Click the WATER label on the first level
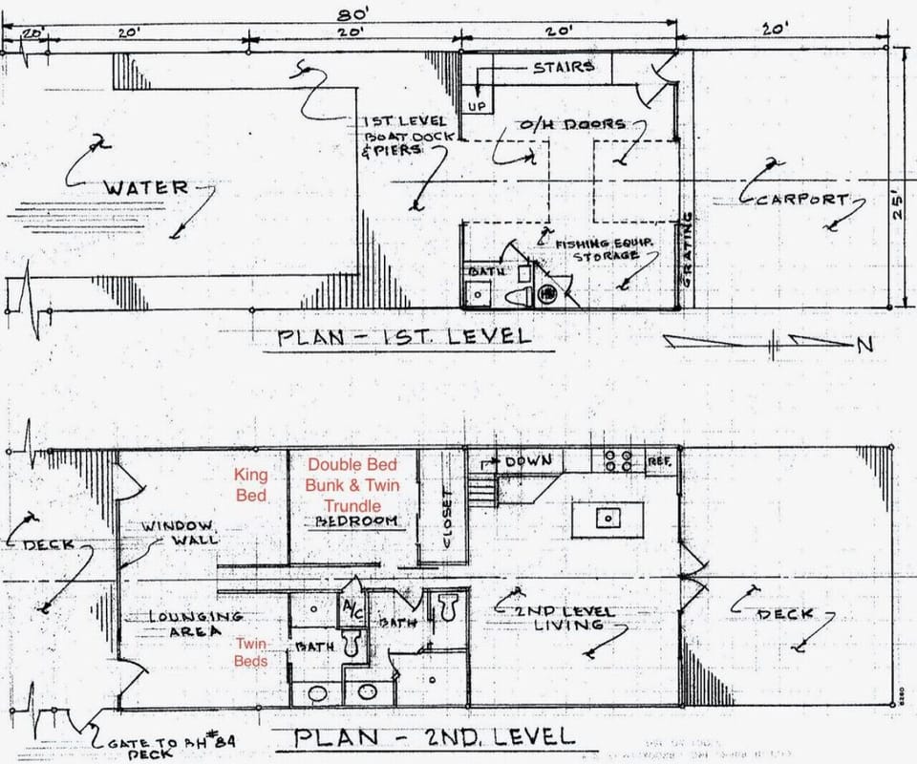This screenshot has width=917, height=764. click(146, 187)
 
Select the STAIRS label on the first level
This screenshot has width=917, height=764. click(564, 67)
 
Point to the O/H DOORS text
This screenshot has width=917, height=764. click(572, 125)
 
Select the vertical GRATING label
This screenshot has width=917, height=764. click(686, 250)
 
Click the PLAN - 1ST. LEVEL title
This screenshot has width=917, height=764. click(403, 336)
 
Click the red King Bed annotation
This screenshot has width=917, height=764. click(251, 484)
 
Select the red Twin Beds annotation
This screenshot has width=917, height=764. click(251, 651)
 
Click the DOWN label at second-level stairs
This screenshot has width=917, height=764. click(528, 461)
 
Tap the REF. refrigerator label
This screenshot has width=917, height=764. click(659, 461)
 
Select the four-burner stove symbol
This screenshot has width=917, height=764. click(619, 460)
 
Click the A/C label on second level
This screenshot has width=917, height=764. click(352, 608)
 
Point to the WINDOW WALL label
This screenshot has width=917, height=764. click(180, 533)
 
